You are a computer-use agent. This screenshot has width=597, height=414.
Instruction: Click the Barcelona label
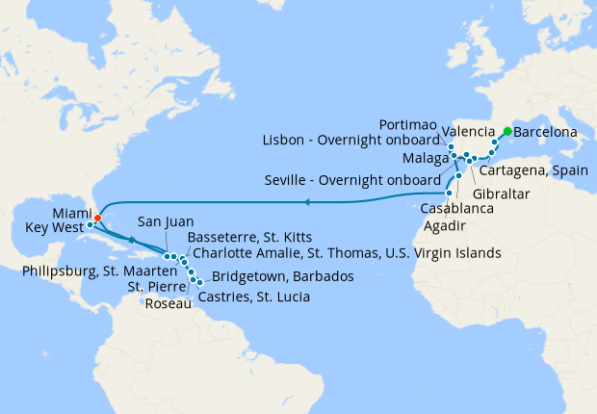coord(545,131)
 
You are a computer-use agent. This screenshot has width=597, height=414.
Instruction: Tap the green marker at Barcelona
coord(507,131)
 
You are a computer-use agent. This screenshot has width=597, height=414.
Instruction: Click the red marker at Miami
coord(98,218)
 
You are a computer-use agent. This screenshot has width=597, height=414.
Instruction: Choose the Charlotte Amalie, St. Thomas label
coord(347,253)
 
